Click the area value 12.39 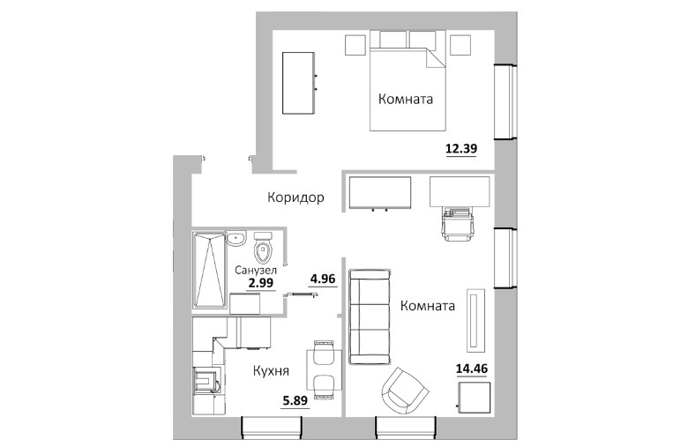tap(461, 149)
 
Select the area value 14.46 tap(472, 369)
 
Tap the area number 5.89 tap(295, 400)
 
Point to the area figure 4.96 tap(323, 279)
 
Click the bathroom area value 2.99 tap(260, 283)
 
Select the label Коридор tap(295, 197)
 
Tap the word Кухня tap(271, 371)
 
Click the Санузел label tap(256, 270)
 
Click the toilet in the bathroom tap(263, 247)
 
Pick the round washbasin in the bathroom tap(236, 240)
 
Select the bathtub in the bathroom tap(210, 270)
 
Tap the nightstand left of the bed tap(355, 45)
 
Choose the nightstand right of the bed tap(460, 45)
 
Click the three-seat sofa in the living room tap(370, 317)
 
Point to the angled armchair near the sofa tap(405, 390)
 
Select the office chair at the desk tap(459, 224)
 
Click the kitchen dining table tap(325, 369)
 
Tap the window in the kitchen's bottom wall tap(272, 428)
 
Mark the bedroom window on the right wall tap(506, 102)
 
